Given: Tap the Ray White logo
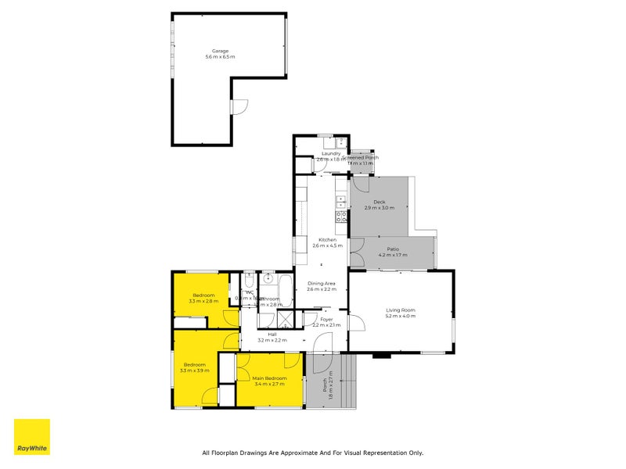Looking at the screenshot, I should pyautogui.click(x=32, y=437).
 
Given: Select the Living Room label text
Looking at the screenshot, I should pyautogui.click(x=400, y=310).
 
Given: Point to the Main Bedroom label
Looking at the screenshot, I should pyautogui.click(x=270, y=378).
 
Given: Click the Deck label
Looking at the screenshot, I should pyautogui.click(x=380, y=202).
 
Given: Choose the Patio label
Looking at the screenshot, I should pyautogui.click(x=393, y=249).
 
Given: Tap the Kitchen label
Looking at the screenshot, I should pyautogui.click(x=327, y=240).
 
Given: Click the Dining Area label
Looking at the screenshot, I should pyautogui.click(x=321, y=284).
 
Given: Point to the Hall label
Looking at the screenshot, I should pyautogui.click(x=272, y=335).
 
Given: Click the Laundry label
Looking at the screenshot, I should pyautogui.click(x=330, y=153).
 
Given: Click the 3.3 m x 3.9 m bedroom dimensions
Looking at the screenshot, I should pyautogui.click(x=196, y=371).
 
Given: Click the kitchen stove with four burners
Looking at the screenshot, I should pyautogui.click(x=342, y=216).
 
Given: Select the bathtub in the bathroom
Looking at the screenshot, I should pyautogui.click(x=285, y=291).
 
